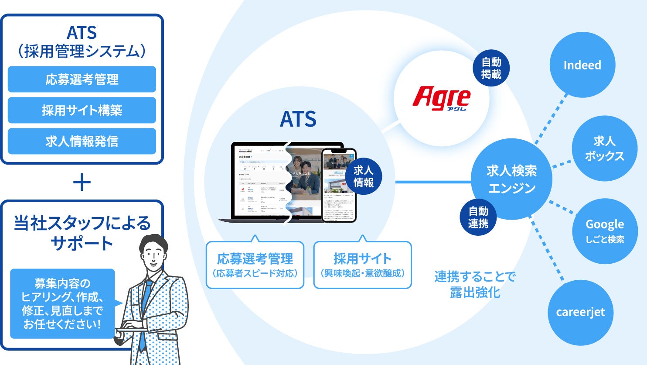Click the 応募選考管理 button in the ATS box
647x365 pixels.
click(82, 79)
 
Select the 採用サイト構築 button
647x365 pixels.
click(82, 110)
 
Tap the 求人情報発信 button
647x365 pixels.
click(82, 141)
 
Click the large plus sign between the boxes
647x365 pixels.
click(82, 182)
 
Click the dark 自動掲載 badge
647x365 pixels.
click(491, 68)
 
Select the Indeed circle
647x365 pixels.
click(582, 65)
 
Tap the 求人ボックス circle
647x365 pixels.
click(604, 148)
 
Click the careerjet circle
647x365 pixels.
click(580, 312)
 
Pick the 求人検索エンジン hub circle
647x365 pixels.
click(511, 179)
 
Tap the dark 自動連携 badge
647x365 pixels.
click(478, 217)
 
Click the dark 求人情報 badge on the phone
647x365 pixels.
click(363, 176)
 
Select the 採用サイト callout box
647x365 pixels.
click(362, 265)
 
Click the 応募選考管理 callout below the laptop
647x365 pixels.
click(255, 265)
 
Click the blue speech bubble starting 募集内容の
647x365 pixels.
click(62, 303)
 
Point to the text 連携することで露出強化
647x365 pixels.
click(475, 284)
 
